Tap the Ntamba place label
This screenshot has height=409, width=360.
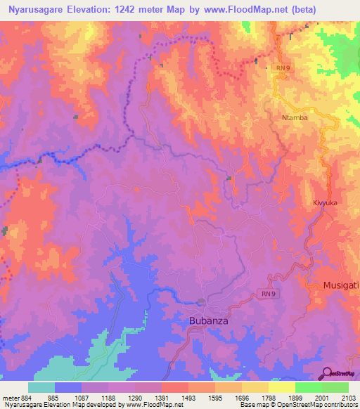pos(295,117)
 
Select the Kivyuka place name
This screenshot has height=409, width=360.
pos(326,202)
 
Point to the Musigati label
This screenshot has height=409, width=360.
pos(341,285)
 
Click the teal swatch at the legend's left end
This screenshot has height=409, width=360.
pos(41,388)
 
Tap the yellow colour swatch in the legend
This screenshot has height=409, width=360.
pos(282,388)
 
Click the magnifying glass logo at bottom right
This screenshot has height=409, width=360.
pos(328,373)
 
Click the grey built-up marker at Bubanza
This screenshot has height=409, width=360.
pos(202,303)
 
